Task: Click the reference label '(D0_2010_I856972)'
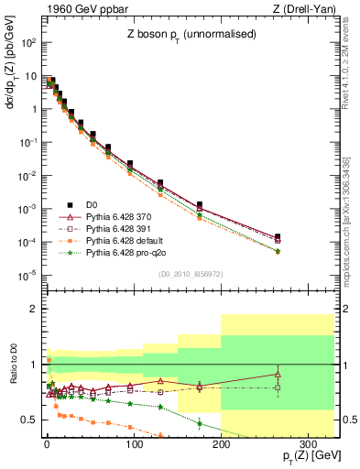[191, 274]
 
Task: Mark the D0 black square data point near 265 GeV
[277, 236]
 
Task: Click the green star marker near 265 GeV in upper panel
[277, 251]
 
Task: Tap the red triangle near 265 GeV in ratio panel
[277, 374]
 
